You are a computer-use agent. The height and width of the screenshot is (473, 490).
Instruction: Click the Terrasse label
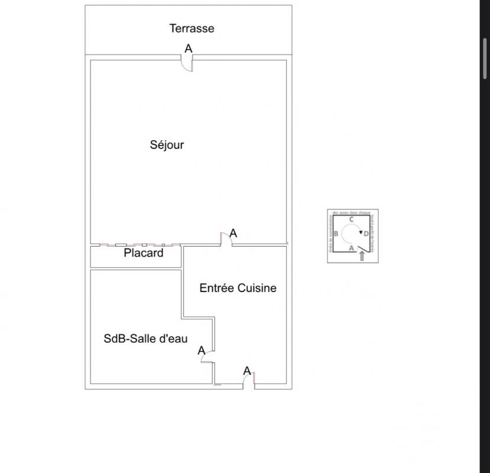tap(192, 28)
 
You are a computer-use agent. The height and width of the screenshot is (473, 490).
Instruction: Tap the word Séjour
tap(167, 145)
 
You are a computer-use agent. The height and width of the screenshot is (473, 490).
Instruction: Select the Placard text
tap(144, 253)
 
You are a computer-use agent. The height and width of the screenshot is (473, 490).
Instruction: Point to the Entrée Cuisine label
tap(238, 289)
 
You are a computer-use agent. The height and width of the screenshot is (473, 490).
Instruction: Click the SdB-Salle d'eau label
tap(145, 339)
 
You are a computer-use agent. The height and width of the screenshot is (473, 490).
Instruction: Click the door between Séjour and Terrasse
tap(187, 64)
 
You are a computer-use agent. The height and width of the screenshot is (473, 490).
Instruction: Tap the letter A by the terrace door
tap(189, 48)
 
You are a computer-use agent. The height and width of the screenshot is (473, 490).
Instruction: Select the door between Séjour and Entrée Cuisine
tap(225, 239)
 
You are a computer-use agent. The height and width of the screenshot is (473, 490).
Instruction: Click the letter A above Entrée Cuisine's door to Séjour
tap(233, 234)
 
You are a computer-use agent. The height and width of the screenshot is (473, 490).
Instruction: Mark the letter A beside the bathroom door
tap(201, 351)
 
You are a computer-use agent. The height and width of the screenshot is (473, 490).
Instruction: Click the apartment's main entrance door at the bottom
tap(248, 381)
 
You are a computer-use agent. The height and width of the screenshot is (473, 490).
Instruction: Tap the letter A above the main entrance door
tap(248, 371)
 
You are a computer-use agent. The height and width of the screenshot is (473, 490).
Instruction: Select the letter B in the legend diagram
tap(336, 234)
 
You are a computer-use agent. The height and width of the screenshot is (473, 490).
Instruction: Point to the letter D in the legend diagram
tap(366, 234)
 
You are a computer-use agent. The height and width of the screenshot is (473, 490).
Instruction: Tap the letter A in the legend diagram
tap(351, 249)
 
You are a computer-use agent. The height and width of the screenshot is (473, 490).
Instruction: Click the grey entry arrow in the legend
tap(362, 256)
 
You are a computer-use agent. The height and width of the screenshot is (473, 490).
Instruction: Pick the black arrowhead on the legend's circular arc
tap(361, 232)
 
